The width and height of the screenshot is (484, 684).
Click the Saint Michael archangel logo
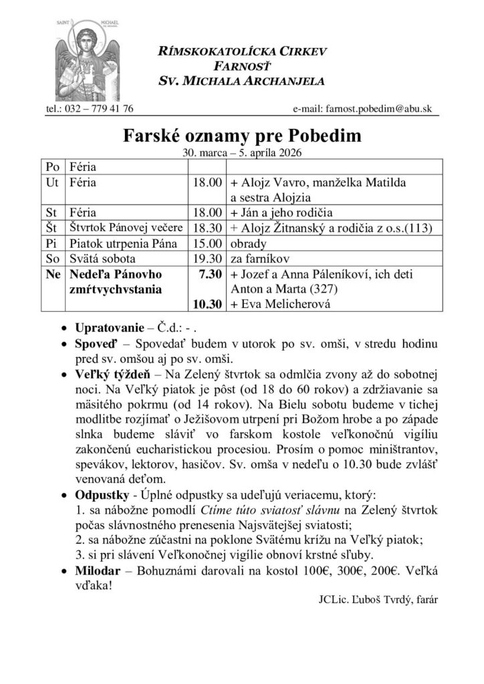click(80, 61)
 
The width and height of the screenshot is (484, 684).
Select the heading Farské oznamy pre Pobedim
click(242, 137)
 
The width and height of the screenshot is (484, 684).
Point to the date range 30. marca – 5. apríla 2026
click(242, 152)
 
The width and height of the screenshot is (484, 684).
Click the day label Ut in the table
click(51, 182)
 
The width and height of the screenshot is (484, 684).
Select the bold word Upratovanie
click(106, 329)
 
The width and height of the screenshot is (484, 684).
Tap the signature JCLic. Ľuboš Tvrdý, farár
click(378, 601)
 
